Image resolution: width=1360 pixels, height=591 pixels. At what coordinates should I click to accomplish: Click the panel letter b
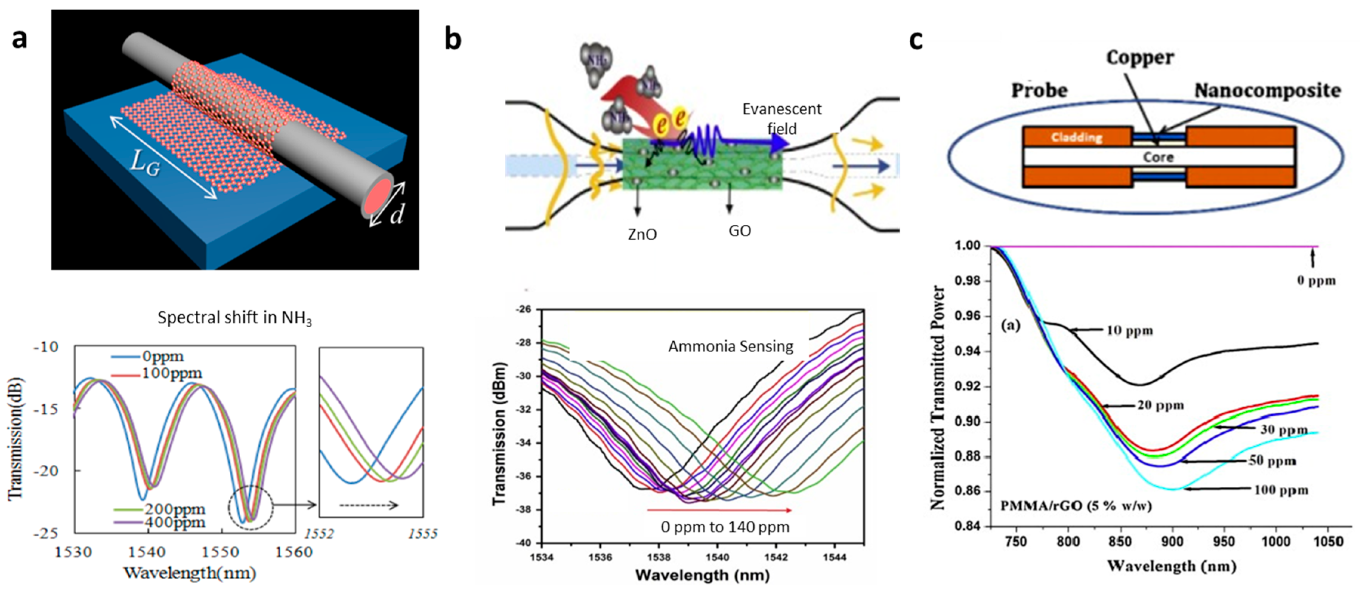453,40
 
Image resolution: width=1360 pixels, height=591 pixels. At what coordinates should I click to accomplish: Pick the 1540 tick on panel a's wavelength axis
147,552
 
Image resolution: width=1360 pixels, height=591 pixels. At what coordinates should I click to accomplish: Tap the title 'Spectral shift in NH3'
234,318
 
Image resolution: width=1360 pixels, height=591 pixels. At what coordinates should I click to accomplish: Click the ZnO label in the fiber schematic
642,234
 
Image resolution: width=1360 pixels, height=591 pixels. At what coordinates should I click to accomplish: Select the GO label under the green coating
739,231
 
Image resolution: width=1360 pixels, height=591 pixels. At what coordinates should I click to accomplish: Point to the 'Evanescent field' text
782,118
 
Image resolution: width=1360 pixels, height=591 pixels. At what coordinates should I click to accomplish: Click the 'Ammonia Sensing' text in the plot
731,347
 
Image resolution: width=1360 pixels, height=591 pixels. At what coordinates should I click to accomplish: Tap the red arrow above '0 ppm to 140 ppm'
719,510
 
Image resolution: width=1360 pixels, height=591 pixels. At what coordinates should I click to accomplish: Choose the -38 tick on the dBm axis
525,510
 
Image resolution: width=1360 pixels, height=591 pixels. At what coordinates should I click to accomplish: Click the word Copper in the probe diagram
1140,57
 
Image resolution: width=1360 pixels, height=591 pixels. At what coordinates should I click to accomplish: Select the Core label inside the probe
1158,157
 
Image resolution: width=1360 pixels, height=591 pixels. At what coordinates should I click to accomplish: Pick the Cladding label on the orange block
1077,137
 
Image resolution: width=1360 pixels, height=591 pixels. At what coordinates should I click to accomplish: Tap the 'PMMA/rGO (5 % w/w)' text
1076,506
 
